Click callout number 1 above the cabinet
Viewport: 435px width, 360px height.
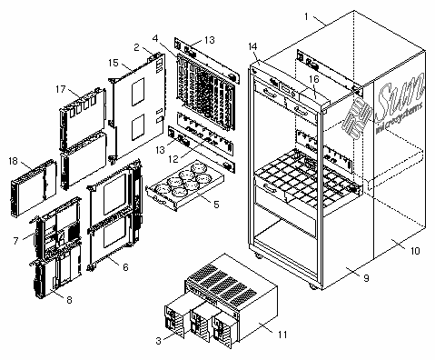coord(307,16)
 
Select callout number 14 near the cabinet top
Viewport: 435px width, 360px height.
coord(252,46)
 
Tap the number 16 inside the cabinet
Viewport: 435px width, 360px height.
coord(314,79)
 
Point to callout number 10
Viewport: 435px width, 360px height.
coord(415,251)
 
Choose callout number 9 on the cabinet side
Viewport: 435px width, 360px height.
coord(366,278)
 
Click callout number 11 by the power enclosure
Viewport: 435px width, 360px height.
coord(282,335)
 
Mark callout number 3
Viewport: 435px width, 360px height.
coord(158,341)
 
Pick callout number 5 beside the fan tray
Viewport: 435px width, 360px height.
coord(216,205)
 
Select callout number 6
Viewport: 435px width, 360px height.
coord(125,267)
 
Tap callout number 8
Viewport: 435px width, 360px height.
coord(69,300)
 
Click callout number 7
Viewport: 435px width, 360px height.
coord(15,241)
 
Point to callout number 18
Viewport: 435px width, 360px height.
coord(13,161)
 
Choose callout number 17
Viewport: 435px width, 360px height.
coord(61,89)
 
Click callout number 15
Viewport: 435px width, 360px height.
coord(114,63)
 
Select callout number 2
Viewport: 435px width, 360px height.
coord(136,47)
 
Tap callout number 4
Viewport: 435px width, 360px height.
coord(155,38)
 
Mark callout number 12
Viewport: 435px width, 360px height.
coord(173,159)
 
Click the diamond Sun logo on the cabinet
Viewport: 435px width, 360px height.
coord(357,119)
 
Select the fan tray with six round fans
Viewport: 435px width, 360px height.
coord(185,185)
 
